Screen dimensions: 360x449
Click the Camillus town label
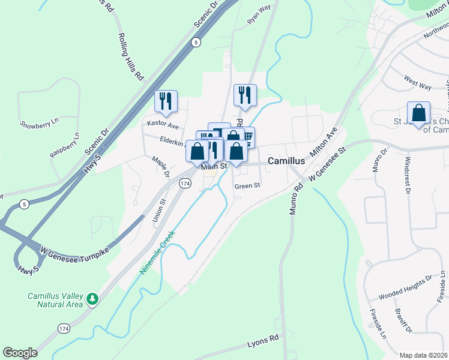(x=286, y=161)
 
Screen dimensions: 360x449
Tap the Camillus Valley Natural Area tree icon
(x=92, y=299)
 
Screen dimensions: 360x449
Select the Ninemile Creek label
(x=157, y=252)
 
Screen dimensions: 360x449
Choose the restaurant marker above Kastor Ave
(x=166, y=101)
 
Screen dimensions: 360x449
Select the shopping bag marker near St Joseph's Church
(x=418, y=112)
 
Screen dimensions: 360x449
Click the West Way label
(x=418, y=83)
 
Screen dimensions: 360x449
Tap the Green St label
(x=247, y=186)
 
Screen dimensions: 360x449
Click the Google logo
(x=20, y=353)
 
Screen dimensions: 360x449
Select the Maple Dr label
(x=160, y=166)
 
